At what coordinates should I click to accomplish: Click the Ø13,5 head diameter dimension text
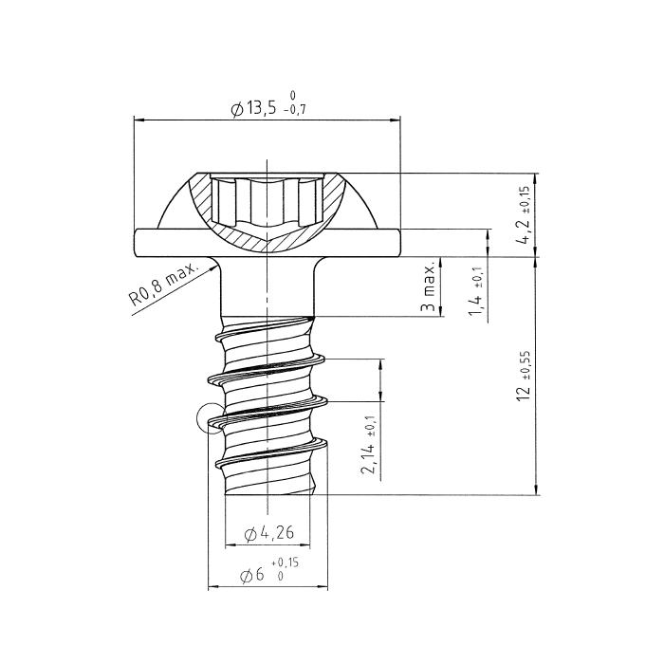point(254,108)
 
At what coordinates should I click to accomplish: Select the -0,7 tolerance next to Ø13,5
point(295,111)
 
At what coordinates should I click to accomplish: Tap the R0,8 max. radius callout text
point(162,287)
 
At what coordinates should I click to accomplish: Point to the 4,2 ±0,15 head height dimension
point(524,216)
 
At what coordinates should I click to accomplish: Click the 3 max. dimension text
point(429,286)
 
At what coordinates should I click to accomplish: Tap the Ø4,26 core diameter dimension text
point(268,534)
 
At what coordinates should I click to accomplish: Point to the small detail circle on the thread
point(211,417)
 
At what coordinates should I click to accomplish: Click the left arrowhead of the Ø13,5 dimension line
point(139,120)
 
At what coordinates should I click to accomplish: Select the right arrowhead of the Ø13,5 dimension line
point(396,120)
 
